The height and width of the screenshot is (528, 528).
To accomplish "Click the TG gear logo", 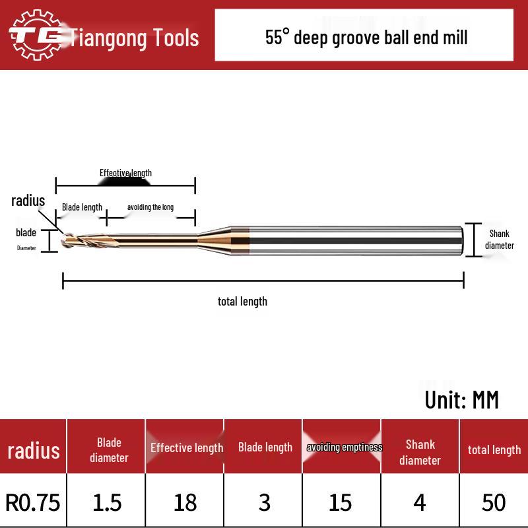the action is pos(36,35).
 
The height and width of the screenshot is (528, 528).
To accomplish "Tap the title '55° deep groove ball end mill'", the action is pos(366,38).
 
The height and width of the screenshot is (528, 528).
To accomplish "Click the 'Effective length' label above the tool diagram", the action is pos(125,173).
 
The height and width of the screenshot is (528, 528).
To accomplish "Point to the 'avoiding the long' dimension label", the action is pos(150,207).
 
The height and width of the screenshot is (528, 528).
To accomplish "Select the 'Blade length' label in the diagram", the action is pos(82,207).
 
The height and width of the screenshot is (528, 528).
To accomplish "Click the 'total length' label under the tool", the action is pos(242,302).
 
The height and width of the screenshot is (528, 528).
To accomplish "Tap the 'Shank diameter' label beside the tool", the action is pos(500,240).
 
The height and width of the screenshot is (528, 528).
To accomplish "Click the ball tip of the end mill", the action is pos(65,240).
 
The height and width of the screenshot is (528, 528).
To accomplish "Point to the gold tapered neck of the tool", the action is pos(214,240).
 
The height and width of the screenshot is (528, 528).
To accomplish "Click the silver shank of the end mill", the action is pos(356,240).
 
